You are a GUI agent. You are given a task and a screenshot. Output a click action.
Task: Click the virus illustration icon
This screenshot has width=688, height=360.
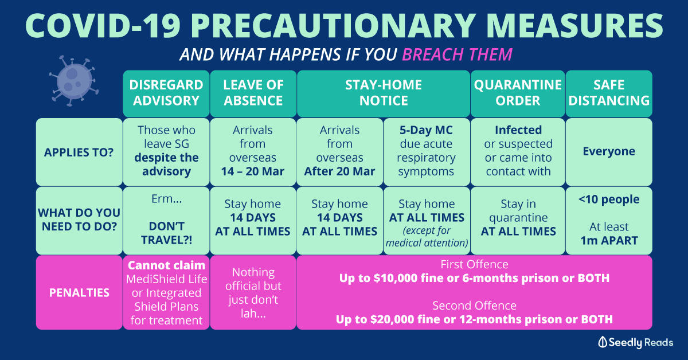(74, 81)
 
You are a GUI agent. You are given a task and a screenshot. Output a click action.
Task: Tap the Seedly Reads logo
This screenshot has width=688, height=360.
(635, 342)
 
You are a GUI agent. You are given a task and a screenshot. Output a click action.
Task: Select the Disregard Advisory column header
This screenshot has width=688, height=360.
(166, 93)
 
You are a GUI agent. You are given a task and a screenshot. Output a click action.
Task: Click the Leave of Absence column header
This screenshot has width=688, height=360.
(253, 93)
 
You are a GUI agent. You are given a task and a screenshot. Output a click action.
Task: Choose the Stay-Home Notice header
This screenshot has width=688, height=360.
(384, 93)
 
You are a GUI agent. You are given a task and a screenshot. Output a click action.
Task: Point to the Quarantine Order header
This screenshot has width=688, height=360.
(518, 93)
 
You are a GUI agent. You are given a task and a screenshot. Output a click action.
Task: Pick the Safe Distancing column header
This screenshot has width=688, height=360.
(609, 93)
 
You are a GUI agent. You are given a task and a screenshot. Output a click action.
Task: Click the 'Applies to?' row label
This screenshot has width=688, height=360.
(79, 152)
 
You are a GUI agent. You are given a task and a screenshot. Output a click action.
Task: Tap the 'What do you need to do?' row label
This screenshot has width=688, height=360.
(79, 220)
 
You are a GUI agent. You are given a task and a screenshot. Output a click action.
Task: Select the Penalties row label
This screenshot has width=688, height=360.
(79, 292)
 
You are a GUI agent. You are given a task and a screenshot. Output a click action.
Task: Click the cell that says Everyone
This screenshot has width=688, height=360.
(609, 152)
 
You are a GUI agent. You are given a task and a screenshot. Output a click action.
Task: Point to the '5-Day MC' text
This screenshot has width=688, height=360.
(426, 130)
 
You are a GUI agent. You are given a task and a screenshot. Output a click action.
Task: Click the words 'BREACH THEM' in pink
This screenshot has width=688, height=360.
(457, 54)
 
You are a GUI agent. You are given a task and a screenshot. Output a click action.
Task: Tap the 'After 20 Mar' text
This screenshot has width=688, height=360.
(339, 171)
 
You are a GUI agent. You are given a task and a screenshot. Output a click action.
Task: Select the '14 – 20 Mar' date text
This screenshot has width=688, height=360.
(253, 171)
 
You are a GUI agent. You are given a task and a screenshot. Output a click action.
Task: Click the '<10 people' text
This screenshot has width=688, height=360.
(609, 199)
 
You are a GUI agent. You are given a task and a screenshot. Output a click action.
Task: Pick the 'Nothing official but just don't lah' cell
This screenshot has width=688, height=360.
(253, 292)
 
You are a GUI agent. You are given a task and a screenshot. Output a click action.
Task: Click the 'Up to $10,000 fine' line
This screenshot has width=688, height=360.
(474, 278)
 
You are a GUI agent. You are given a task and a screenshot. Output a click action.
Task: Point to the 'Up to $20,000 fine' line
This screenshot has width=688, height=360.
(474, 319)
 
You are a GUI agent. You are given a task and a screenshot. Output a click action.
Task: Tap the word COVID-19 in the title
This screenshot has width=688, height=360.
(103, 26)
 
